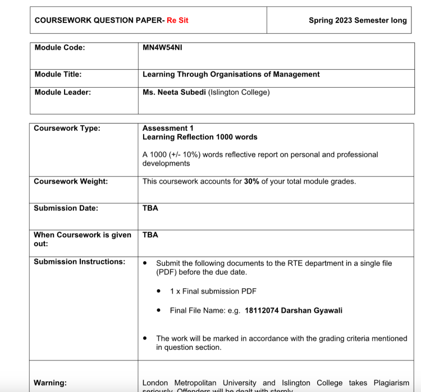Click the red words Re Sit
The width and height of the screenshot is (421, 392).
point(177,20)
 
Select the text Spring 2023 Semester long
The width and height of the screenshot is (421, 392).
point(358,20)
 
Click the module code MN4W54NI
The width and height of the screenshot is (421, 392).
point(162,48)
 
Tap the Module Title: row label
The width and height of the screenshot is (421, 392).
point(58,74)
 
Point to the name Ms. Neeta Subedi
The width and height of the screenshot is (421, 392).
point(174,92)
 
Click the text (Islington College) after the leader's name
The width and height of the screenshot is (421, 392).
point(239,92)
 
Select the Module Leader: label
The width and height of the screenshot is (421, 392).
point(62,92)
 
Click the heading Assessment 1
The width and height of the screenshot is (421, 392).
point(168,128)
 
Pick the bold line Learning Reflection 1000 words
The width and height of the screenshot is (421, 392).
point(200,137)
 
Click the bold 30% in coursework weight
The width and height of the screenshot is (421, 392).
point(251,181)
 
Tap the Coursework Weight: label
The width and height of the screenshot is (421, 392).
point(71,181)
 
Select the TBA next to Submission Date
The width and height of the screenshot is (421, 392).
point(150,208)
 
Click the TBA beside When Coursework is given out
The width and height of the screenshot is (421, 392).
point(150,235)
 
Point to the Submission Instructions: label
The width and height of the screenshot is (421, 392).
point(79,262)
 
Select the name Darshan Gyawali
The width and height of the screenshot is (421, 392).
point(312,311)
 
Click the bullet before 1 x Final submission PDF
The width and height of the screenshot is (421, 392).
point(159,291)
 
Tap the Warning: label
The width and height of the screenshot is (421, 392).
point(50,383)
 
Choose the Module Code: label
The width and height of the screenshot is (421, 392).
point(60,48)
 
